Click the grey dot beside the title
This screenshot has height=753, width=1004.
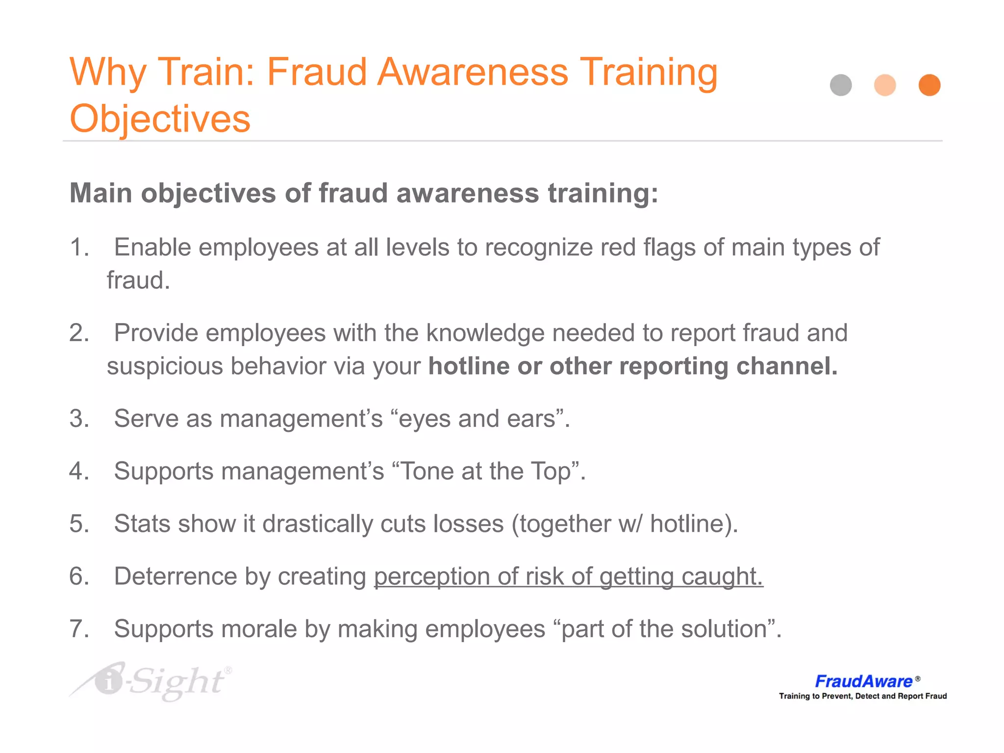[841, 85]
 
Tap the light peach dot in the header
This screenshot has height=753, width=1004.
[885, 85]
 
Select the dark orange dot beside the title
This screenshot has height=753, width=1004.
[929, 85]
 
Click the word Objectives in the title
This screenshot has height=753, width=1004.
[160, 119]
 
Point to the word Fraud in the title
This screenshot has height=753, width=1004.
[317, 72]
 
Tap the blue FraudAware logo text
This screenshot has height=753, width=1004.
[863, 681]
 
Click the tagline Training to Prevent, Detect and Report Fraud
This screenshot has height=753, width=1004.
[863, 696]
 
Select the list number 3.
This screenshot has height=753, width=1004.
[79, 419]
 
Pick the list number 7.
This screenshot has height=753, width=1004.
[79, 629]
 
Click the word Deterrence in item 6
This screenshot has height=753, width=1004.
[176, 577]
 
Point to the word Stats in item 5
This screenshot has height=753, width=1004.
[142, 524]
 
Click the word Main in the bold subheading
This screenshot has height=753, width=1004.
[101, 193]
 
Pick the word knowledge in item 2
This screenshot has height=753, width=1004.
[485, 333]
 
